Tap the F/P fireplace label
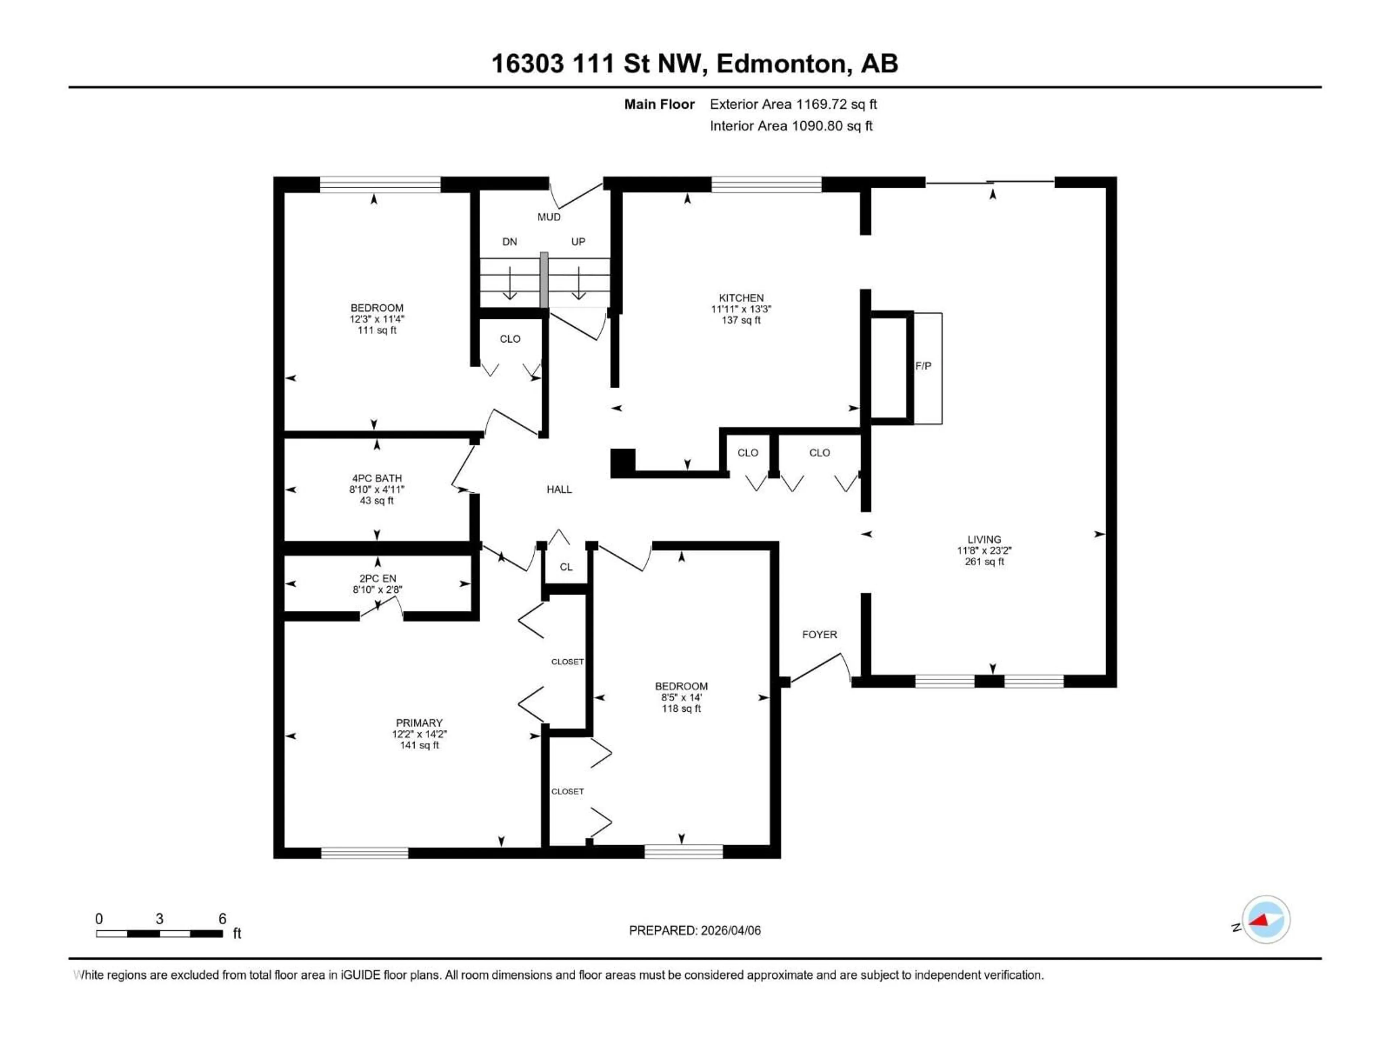pos(923,366)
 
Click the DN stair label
pos(509,242)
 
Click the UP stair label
pos(578,242)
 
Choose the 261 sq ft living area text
pos(984,561)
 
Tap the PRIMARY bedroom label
pos(419,723)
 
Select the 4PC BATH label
pos(377,478)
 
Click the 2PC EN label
pos(377,578)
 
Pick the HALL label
pos(559,490)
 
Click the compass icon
pos(1266,920)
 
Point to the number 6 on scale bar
pos(222,918)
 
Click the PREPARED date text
pos(694,930)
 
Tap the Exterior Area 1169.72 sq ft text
pos(793,104)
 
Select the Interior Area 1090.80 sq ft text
pos(791,126)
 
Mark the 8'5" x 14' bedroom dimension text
pos(681,697)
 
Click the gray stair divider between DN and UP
pos(544,280)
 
